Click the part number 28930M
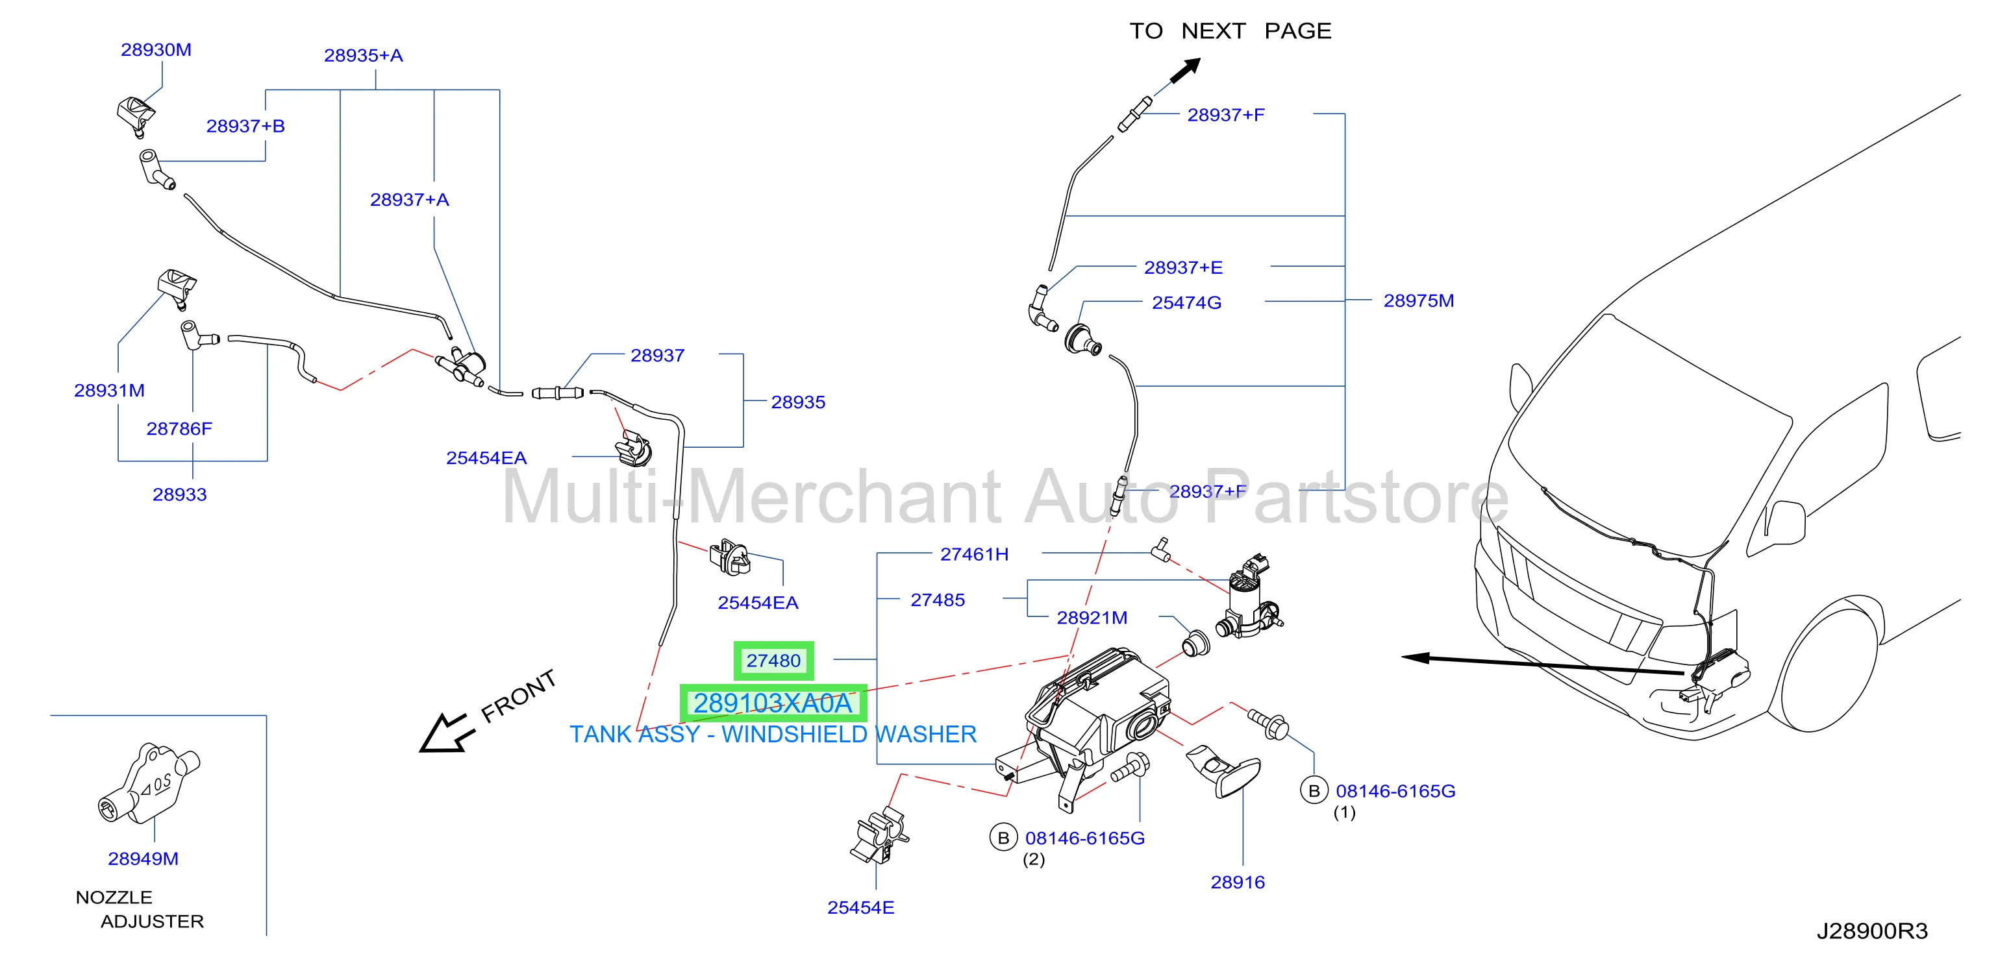pyautogui.click(x=156, y=50)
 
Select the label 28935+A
pyautogui.click(x=364, y=55)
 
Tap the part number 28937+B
pyautogui.click(x=245, y=127)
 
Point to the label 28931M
pyautogui.click(x=109, y=390)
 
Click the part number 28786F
pyautogui.click(x=180, y=428)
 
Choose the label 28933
pyautogui.click(x=180, y=494)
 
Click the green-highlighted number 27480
pyautogui.click(x=773, y=661)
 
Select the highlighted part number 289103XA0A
pyautogui.click(x=773, y=704)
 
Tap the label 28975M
pyautogui.click(x=1418, y=300)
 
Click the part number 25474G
pyautogui.click(x=1186, y=303)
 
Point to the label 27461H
pyautogui.click(x=974, y=554)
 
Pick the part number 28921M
pyautogui.click(x=1092, y=618)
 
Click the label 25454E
pyautogui.click(x=861, y=908)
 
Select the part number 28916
pyautogui.click(x=1238, y=883)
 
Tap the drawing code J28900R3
pyautogui.click(x=1872, y=931)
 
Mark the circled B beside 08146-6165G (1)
pyautogui.click(x=1314, y=790)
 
